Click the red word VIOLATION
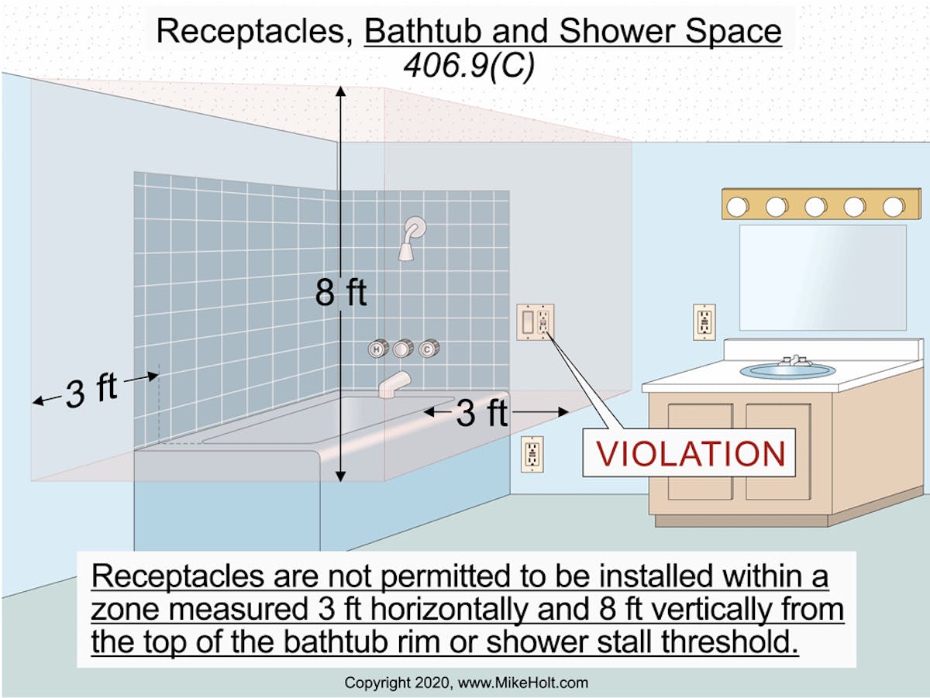pos(690,452)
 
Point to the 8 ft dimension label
pos(341,294)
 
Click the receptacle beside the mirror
pos(704,321)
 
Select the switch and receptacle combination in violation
pos(536,321)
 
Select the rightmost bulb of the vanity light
pos(894,206)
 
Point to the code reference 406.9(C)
pos(469,67)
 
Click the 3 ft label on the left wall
pos(91,390)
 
